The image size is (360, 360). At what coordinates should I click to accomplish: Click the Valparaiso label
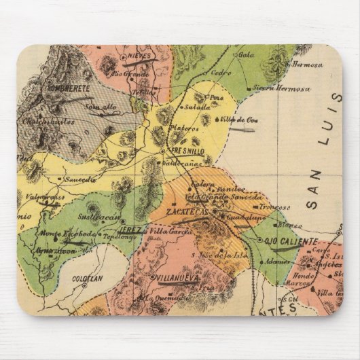[x=45, y=197]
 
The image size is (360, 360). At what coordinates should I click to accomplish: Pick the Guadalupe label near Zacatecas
[x=242, y=218]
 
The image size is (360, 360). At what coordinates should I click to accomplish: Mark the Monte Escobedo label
[x=58, y=233]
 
